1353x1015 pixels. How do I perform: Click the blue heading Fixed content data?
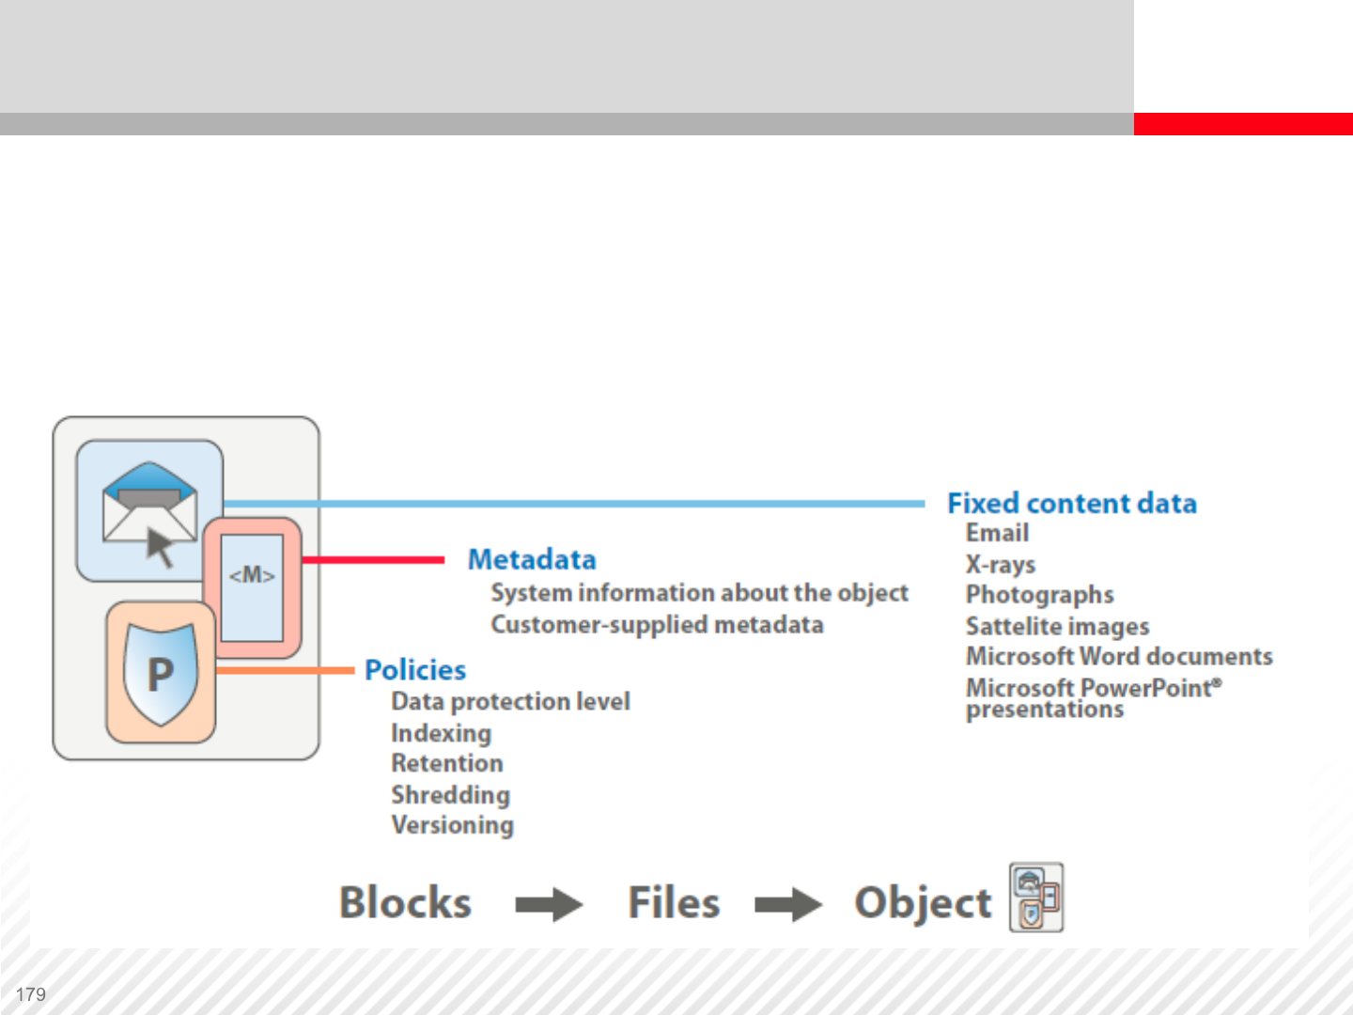pos(1071,504)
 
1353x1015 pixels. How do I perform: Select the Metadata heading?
pos(532,560)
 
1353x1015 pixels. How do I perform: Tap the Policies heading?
pos(415,670)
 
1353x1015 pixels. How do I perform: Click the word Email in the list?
pos(997,533)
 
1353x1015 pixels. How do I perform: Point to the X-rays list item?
pos(1001,564)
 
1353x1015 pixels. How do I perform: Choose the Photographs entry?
pos(1039,595)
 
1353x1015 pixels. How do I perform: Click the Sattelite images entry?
pos(1057,626)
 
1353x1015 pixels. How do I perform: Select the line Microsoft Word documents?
pos(1119,656)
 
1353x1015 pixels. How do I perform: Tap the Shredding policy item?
pos(450,795)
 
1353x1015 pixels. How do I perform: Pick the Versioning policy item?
pos(452,825)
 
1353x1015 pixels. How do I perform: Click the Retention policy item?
pos(446,763)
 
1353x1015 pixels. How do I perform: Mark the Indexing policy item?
pos(441,733)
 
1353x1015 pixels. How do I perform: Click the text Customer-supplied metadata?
pos(657,625)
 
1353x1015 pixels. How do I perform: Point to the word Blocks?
pos(405,903)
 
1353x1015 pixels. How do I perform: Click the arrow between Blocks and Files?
pos(549,905)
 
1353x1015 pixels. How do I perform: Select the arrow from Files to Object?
pos(788,905)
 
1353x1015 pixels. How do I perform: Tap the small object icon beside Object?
pos(1036,898)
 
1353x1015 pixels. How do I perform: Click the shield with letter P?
pos(161,674)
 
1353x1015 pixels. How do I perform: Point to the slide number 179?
pos(31,994)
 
